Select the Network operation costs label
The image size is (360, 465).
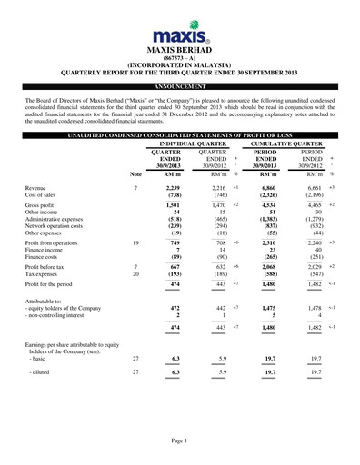tap(57, 227)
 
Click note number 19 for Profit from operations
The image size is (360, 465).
tap(136, 242)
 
